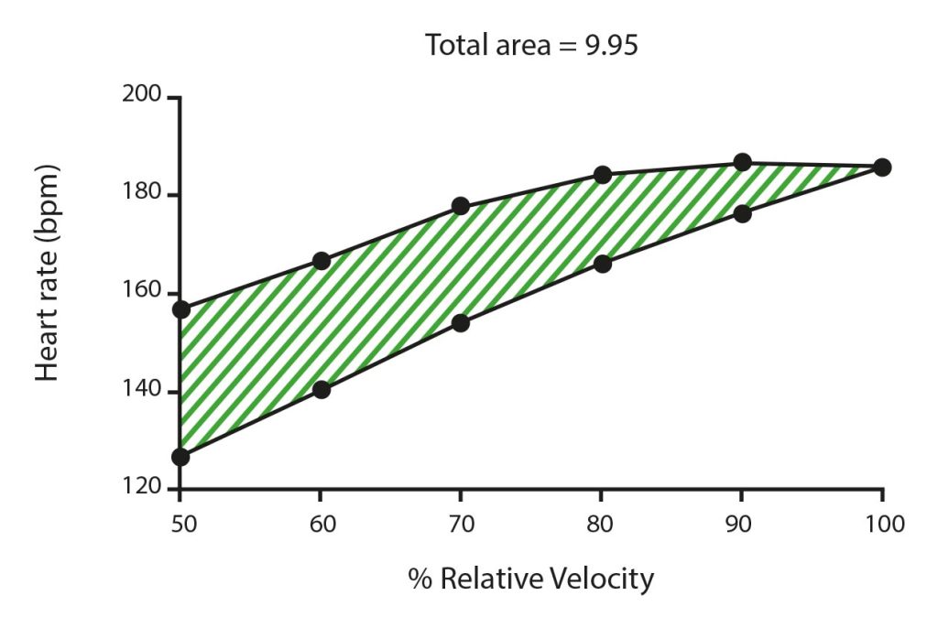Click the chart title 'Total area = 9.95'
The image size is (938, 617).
coord(531,45)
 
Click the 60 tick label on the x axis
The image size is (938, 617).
coord(321,525)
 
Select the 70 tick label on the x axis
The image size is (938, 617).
coord(461,525)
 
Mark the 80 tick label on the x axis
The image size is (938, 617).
coord(602,525)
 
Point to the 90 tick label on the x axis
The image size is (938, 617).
coord(742,525)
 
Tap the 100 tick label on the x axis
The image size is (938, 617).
coord(882,525)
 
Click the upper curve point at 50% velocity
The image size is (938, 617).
coord(180,309)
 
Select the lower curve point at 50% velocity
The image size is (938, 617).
coord(180,456)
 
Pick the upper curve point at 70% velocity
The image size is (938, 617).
coord(461,206)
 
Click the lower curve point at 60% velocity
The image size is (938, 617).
coord(321,389)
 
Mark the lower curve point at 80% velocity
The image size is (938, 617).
coord(602,264)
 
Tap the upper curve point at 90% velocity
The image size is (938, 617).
coord(742,162)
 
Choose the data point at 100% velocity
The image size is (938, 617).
coord(882,167)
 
